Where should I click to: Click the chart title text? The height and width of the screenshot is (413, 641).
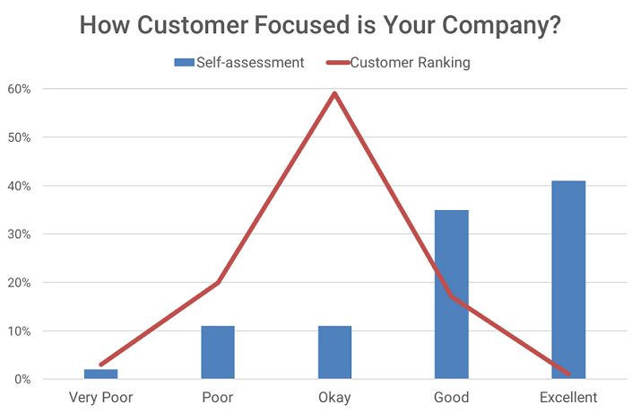pos(320,24)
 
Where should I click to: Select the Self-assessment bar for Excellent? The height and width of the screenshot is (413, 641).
pos(568,279)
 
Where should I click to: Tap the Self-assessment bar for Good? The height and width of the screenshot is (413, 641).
pos(452,294)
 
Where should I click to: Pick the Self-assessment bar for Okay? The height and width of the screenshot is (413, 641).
pos(334,352)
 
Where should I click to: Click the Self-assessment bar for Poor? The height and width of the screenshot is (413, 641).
pos(218,352)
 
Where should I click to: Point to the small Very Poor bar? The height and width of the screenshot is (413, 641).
pos(101,374)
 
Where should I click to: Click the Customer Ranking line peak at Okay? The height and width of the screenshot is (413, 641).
pos(334,93)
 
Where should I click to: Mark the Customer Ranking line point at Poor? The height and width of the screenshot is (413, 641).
pos(218,283)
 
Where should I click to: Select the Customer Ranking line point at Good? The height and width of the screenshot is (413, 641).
pos(452,297)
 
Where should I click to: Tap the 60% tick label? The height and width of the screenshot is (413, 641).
pos(20,89)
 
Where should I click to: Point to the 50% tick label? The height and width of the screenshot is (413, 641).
pos(20,137)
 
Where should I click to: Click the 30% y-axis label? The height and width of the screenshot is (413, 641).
pos(20,234)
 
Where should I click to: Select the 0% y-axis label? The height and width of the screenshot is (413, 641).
pos(23,380)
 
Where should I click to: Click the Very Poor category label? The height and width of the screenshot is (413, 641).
pos(101,397)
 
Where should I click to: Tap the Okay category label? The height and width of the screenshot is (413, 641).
pos(334,397)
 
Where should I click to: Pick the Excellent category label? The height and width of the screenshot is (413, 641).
pos(568,397)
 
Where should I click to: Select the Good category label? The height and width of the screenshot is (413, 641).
pos(452,397)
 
